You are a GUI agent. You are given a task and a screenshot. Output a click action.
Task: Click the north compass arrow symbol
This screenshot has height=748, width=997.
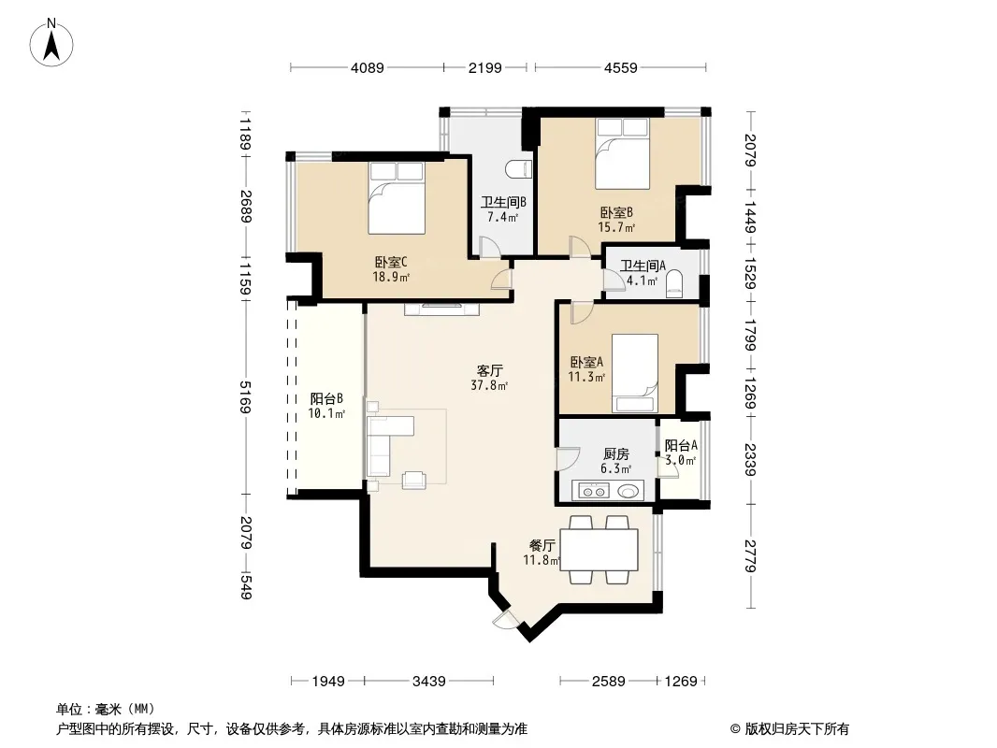pyautogui.click(x=51, y=43)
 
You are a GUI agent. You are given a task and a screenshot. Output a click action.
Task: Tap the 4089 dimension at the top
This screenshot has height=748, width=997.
pyautogui.click(x=368, y=67)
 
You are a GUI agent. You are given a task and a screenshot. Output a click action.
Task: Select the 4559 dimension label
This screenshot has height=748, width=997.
pyautogui.click(x=621, y=67)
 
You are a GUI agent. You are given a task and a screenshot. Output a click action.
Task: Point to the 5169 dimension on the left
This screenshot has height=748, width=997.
pyautogui.click(x=246, y=396)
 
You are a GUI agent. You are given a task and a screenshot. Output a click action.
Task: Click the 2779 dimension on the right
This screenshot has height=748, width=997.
pyautogui.click(x=751, y=555)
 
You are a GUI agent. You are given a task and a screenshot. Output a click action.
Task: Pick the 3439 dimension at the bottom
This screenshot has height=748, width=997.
pyautogui.click(x=429, y=682)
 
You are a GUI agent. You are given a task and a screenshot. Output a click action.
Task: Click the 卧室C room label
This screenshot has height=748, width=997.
pyautogui.click(x=390, y=262)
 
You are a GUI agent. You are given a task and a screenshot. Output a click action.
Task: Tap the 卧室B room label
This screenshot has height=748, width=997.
pyautogui.click(x=616, y=212)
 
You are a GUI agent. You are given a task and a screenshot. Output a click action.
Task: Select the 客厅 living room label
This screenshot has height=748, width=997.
pyautogui.click(x=489, y=370)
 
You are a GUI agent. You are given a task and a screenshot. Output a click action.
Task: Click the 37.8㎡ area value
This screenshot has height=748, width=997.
pyautogui.click(x=489, y=385)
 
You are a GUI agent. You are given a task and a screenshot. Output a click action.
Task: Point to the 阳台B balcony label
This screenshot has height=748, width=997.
pyautogui.click(x=326, y=398)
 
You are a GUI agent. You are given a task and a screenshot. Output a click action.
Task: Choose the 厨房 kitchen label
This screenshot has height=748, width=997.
pyautogui.click(x=616, y=453)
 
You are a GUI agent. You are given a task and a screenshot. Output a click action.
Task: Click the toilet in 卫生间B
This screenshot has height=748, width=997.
pyautogui.click(x=518, y=169)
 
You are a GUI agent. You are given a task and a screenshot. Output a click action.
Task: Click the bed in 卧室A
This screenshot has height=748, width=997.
pyautogui.click(x=634, y=374)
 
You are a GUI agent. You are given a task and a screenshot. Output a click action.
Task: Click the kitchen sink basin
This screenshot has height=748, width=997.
pyautogui.click(x=629, y=491)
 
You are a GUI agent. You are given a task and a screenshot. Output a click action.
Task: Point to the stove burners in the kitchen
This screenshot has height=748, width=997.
pyautogui.click(x=593, y=491)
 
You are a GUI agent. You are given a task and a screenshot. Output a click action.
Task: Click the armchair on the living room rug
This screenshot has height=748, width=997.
pyautogui.click(x=414, y=480)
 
